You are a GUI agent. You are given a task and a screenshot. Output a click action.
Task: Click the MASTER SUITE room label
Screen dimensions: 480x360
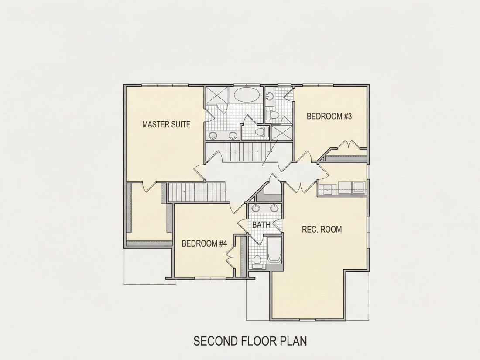166,124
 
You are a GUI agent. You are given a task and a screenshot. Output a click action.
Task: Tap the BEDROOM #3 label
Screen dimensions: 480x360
329,117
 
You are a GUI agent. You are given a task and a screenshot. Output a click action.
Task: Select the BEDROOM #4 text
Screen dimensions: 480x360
204,243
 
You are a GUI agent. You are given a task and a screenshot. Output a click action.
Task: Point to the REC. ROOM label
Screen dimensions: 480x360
322,229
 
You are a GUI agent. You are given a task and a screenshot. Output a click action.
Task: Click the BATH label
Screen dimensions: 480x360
261,225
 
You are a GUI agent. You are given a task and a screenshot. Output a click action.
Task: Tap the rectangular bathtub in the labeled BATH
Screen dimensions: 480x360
274,250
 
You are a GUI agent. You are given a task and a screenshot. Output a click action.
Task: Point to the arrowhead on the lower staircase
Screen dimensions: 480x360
183,192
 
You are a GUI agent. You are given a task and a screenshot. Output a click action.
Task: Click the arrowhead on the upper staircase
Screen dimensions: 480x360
258,151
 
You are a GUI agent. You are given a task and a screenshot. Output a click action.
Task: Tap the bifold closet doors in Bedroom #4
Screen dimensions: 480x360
230,257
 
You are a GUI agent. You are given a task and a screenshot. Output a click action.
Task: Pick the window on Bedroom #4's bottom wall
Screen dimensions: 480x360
210,278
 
